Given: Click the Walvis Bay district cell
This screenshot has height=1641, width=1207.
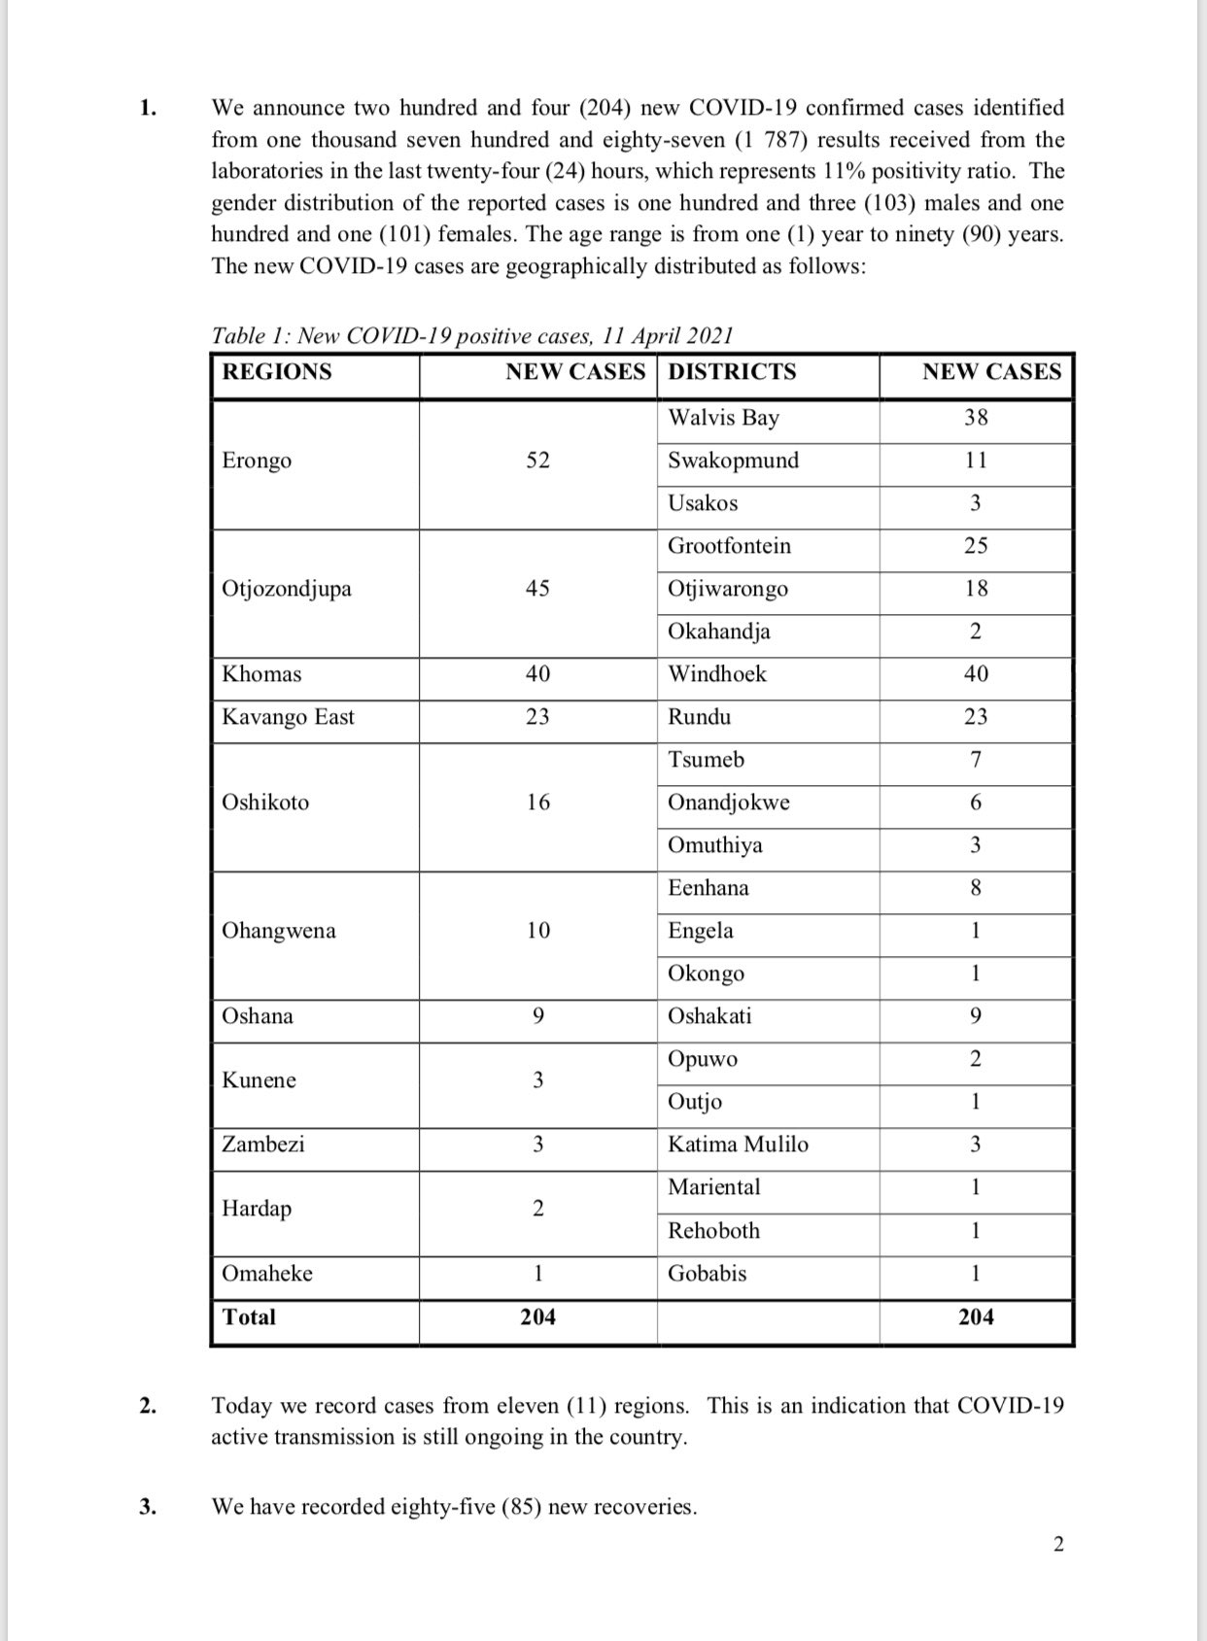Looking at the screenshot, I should pyautogui.click(x=723, y=418).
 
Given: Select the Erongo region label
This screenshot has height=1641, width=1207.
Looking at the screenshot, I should pyautogui.click(x=257, y=461).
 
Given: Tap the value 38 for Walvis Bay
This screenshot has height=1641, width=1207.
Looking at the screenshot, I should pyautogui.click(x=976, y=418).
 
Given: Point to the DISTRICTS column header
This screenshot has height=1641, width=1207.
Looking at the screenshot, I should pyautogui.click(x=732, y=372).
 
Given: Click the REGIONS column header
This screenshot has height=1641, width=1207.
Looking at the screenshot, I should pyautogui.click(x=277, y=372).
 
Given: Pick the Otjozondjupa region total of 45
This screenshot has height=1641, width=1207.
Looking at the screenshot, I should pyautogui.click(x=537, y=589).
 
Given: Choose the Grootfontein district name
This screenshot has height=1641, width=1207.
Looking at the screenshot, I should pyautogui.click(x=729, y=546).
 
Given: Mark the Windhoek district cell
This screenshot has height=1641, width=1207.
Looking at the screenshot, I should pyautogui.click(x=717, y=674).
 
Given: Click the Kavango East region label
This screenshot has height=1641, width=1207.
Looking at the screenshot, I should pyautogui.click(x=288, y=717).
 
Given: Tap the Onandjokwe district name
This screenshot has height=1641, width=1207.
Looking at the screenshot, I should pyautogui.click(x=728, y=803).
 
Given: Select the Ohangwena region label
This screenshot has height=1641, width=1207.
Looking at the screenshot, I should pyautogui.click(x=279, y=931).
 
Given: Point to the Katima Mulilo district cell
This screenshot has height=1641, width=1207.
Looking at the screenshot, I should pyautogui.click(x=738, y=1145).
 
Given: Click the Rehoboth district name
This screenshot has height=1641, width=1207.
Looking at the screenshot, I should pyautogui.click(x=713, y=1231).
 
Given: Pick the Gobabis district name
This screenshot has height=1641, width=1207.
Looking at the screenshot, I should pyautogui.click(x=707, y=1274).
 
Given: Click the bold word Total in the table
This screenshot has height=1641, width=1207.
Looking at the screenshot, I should pyautogui.click(x=249, y=1317).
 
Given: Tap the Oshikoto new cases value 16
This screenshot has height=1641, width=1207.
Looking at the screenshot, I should pyautogui.click(x=537, y=803).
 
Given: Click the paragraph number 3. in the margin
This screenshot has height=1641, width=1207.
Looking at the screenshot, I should pyautogui.click(x=147, y=1507).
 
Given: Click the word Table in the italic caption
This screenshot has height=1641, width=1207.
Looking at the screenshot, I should pyautogui.click(x=236, y=336).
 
